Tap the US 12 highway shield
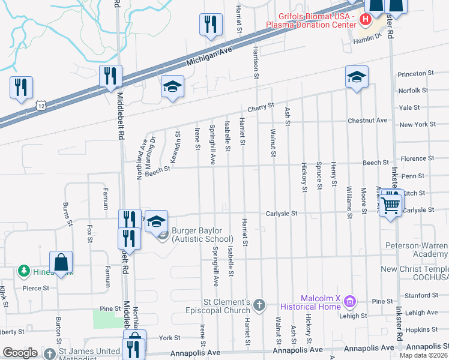pos(40,106)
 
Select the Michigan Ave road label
pos(208,58)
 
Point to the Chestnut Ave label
pos(368,120)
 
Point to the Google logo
pos(20,353)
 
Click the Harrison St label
pos(256,61)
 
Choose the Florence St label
pos(417,158)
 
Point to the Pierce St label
pos(35,288)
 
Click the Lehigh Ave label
pos(421,313)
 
